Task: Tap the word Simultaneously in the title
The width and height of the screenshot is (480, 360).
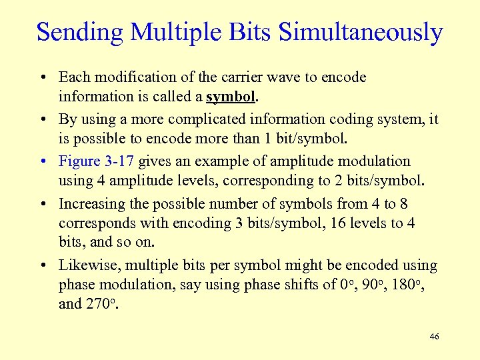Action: [361, 32]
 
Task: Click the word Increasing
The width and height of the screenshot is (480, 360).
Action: [90, 204]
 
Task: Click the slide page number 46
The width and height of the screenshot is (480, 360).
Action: [434, 337]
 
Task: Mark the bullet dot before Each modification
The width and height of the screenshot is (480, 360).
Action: [42, 78]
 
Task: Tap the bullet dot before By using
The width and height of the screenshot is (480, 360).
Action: [42, 120]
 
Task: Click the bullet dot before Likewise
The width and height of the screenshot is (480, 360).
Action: [42, 266]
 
